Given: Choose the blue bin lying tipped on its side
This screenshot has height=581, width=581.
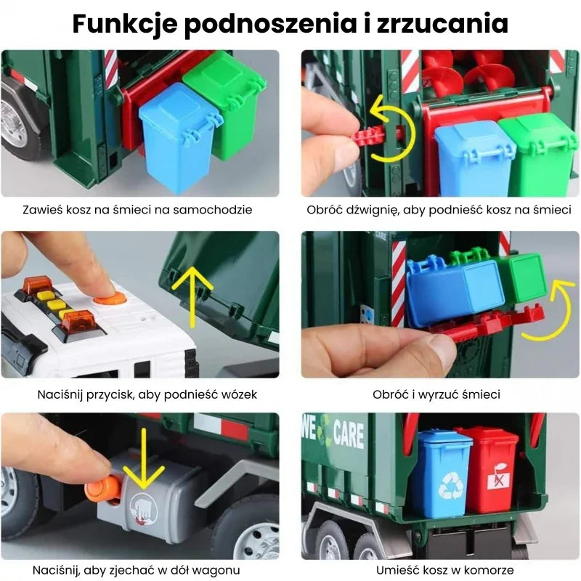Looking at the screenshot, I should point(453,288).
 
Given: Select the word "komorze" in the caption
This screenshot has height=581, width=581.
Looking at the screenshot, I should point(489,570).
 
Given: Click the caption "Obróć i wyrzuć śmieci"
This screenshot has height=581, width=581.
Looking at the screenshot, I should point(436,395).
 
